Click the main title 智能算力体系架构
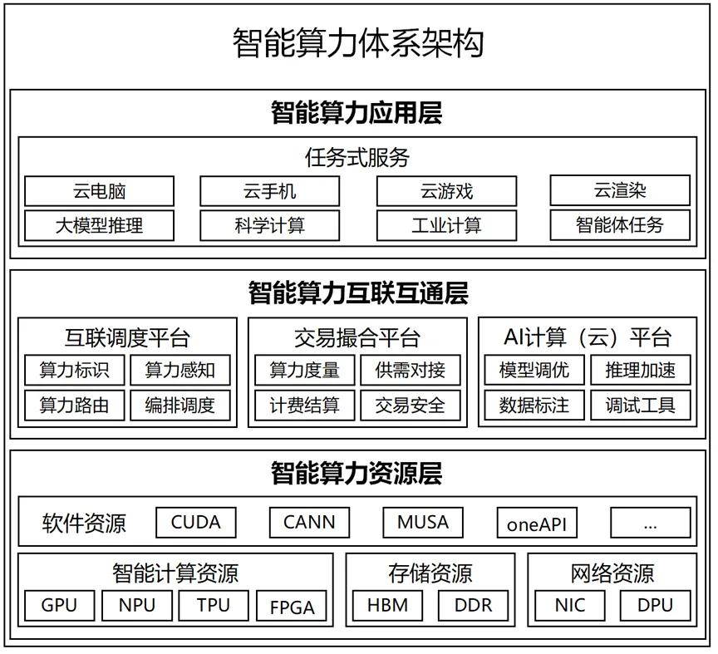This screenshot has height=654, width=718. click(358, 43)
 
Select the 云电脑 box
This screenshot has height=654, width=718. click(100, 191)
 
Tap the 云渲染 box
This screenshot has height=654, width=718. click(620, 190)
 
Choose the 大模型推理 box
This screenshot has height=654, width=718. click(100, 225)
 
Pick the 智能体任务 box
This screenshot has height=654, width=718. click(620, 225)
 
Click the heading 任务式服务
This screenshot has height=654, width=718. click(357, 158)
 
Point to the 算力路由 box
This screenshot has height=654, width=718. click(75, 406)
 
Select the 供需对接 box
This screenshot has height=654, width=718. click(411, 370)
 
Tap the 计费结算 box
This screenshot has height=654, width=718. click(304, 406)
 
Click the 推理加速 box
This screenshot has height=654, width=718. click(641, 370)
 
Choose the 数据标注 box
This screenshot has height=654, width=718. click(534, 406)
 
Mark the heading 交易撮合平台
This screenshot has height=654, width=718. click(357, 338)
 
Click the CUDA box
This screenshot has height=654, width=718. click(196, 522)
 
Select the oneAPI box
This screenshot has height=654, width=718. click(537, 523)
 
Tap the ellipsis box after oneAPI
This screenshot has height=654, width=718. click(651, 523)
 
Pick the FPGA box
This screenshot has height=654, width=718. click(293, 607)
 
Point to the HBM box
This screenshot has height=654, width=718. click(387, 606)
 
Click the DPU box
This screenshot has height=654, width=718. click(656, 606)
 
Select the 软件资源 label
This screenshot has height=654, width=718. click(84, 523)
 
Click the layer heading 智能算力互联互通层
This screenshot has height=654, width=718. click(358, 293)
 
